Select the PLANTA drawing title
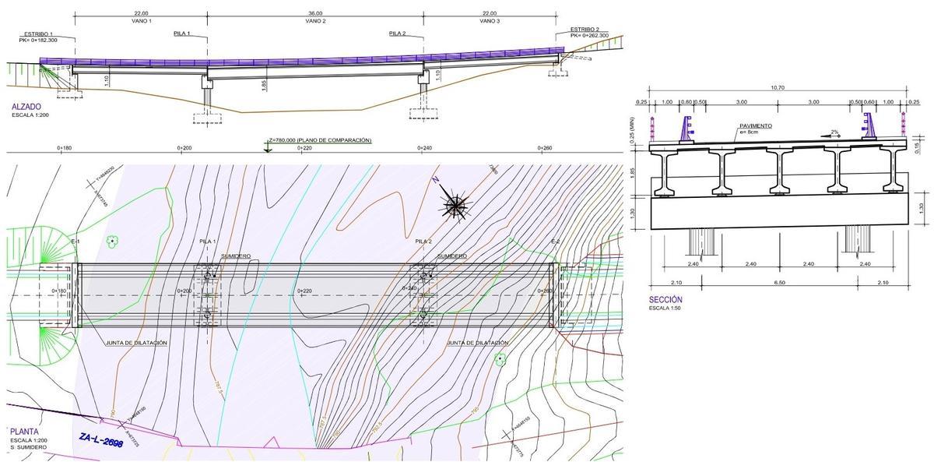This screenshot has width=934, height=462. click(25, 430)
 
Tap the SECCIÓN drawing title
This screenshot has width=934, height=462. click(665, 299)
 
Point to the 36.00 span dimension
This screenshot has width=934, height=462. click(314, 14)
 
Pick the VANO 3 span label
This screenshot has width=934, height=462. click(489, 21)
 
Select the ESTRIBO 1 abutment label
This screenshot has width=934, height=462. click(38, 34)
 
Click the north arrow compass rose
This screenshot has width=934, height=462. click(455, 205)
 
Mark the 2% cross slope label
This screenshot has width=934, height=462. click(834, 132)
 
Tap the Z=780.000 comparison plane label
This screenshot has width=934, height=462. click(319, 140)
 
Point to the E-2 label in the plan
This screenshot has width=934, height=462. click(556, 242)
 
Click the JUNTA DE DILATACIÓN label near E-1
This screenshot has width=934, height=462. click(137, 342)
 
